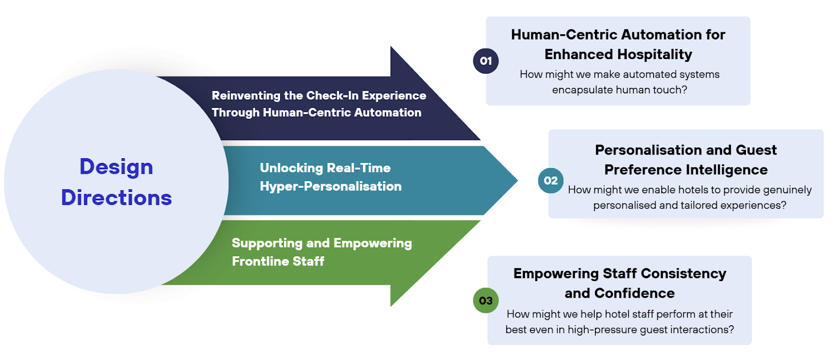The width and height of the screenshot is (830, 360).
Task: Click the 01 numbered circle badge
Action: tap(486, 61)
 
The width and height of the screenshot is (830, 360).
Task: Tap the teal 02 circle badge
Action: tap(550, 181)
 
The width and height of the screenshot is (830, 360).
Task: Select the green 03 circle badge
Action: tap(486, 300)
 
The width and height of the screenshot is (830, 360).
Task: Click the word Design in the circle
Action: tap(116, 167)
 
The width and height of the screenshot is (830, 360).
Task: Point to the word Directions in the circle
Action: tap(116, 198)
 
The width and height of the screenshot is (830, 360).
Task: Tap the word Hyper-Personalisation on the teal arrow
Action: tap(330, 186)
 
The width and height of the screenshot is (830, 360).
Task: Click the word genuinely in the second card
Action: tap(786, 190)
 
